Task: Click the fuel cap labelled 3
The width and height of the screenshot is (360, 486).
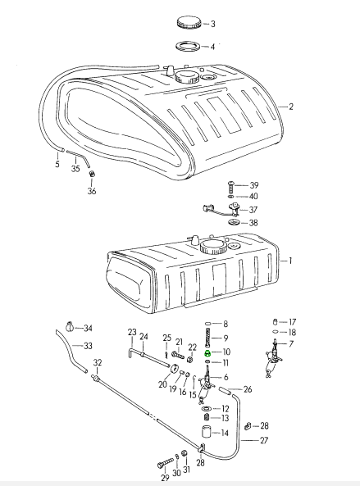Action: pos(189,23)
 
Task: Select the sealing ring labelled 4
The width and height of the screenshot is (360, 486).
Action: pos(188,46)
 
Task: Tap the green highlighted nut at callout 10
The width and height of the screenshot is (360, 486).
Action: pos(207,352)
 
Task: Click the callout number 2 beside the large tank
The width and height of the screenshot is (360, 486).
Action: pos(290,107)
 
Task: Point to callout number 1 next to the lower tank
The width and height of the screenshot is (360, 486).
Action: pos(290,261)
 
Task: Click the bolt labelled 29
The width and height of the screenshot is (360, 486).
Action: pos(165,463)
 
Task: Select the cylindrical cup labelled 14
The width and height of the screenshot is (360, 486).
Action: pos(206,431)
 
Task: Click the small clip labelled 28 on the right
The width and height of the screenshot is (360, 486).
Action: pos(248,426)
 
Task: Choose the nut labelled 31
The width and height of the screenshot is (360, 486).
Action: pos(184,453)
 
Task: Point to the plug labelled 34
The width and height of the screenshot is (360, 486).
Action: pos(70,327)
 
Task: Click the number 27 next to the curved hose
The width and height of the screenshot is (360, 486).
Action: pos(263,440)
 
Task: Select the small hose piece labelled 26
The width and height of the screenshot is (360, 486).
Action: pos(225,391)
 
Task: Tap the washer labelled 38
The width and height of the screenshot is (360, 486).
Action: pos(234,222)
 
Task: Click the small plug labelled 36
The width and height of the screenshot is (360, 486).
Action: pos(92,174)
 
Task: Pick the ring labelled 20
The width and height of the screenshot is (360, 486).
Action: pos(175,368)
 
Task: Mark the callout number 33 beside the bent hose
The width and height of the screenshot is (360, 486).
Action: pos(88,346)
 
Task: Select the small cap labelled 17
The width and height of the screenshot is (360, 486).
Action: pos(275,322)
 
